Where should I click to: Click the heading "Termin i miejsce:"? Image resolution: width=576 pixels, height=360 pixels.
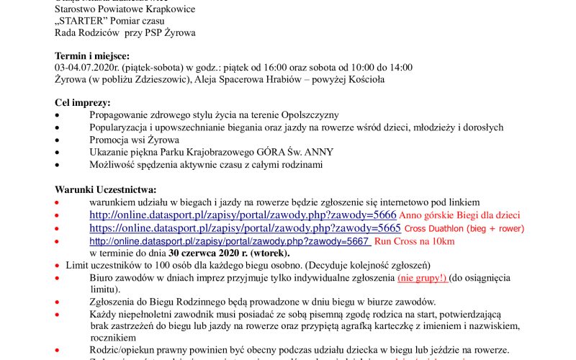pyautogui.click(x=92, y=55)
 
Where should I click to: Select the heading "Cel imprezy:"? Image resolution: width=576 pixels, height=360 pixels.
pyautogui.click(x=83, y=103)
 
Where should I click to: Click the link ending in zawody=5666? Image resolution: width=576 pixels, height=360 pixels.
pyautogui.click(x=243, y=215)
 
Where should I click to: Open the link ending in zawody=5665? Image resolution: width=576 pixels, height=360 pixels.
pyautogui.click(x=245, y=228)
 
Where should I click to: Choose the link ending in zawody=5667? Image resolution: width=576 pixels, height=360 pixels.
pyautogui.click(x=230, y=241)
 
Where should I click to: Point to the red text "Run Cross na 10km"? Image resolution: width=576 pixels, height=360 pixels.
pyautogui.click(x=414, y=241)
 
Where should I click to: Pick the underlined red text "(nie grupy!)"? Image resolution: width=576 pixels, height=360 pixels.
pyautogui.click(x=422, y=277)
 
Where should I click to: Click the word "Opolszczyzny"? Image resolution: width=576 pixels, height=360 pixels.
pyautogui.click(x=309, y=115)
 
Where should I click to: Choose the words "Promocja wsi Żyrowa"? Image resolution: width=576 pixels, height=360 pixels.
pyautogui.click(x=132, y=140)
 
